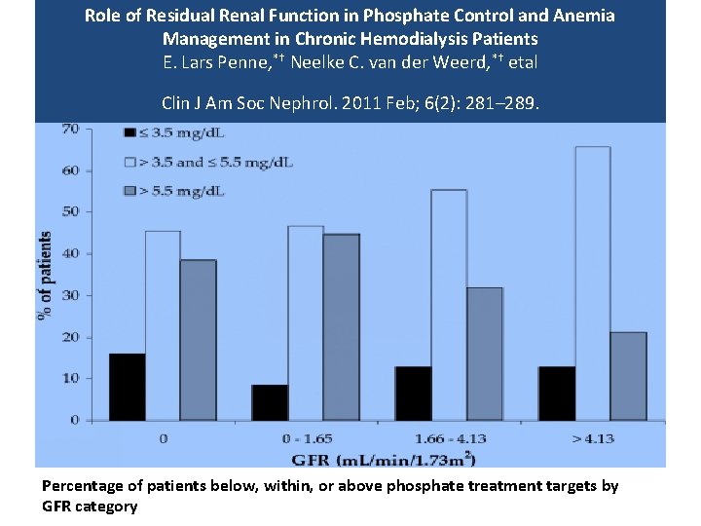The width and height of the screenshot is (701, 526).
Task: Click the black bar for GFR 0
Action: tap(127, 387)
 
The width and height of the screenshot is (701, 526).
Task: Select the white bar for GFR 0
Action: tap(163, 325)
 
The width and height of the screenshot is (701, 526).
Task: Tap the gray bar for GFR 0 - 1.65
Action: tap(341, 327)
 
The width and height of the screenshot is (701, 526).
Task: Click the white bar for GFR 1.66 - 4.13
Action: tap(449, 305)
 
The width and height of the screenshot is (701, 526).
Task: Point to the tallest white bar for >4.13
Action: tap(592, 283)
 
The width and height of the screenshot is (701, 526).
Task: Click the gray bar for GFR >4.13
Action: tap(628, 376)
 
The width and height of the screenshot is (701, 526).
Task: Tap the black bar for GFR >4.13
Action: tap(556, 394)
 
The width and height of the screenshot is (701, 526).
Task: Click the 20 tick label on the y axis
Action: tap(71, 337)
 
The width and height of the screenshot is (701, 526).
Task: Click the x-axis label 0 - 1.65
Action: tap(306, 438)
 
